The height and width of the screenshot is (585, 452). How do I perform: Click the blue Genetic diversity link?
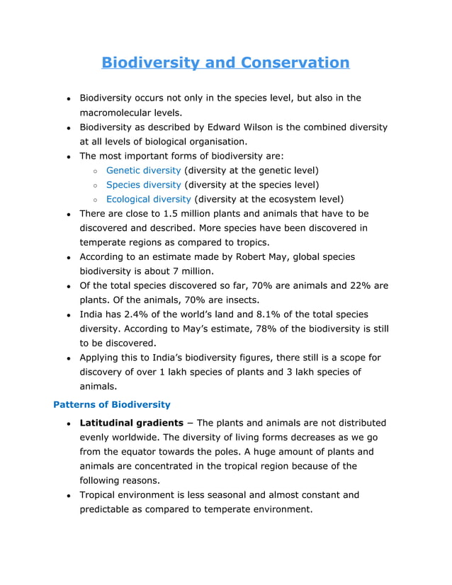tap(143, 171)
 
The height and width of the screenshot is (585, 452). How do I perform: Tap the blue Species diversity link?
tap(144, 185)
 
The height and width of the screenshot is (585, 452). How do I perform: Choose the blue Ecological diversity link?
tap(148, 200)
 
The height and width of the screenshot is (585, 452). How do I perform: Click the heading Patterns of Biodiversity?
tap(112, 404)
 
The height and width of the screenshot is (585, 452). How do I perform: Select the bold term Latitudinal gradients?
tap(132, 423)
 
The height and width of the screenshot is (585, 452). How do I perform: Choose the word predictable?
tap(110, 509)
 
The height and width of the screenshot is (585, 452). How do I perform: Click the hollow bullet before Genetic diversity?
tap(95, 171)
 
